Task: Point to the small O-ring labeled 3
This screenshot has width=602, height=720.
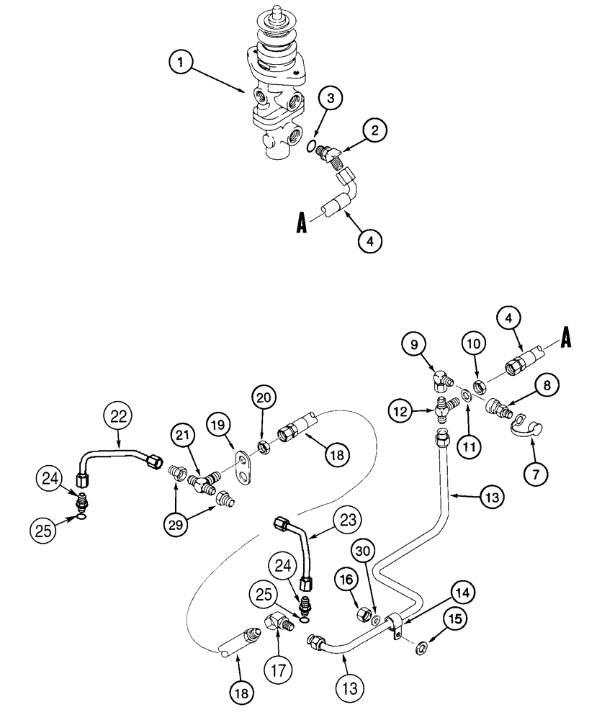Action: click(x=311, y=148)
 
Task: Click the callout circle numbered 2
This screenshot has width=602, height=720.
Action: click(x=374, y=130)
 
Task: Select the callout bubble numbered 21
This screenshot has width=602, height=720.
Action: click(x=184, y=436)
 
